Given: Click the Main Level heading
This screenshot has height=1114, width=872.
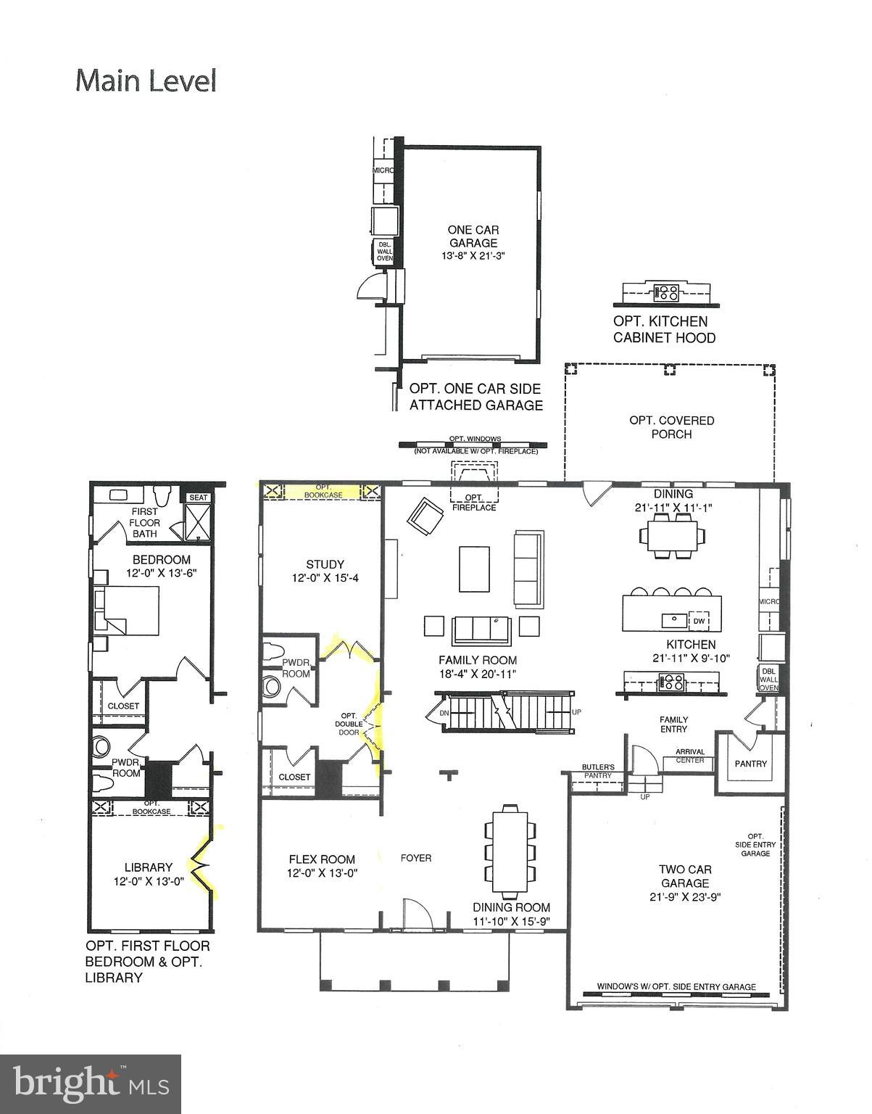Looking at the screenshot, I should [x=146, y=81].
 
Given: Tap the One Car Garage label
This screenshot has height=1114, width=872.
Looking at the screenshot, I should [x=473, y=236].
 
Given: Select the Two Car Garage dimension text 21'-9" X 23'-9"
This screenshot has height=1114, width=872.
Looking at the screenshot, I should [x=684, y=897].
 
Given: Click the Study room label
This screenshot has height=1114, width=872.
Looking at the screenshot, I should [x=325, y=564].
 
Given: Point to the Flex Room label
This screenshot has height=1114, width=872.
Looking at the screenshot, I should [x=322, y=859].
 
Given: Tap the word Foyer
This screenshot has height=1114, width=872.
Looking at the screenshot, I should [x=416, y=858].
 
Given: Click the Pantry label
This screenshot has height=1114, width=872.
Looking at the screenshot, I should [x=750, y=764].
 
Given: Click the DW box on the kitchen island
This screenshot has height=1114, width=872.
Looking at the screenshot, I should [x=699, y=621].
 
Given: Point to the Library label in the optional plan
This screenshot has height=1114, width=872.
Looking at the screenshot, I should [x=148, y=867].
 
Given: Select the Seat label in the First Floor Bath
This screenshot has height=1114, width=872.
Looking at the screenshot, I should [x=198, y=498].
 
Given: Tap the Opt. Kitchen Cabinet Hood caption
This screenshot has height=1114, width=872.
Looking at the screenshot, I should [x=664, y=329].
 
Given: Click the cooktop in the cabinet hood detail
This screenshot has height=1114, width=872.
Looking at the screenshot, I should [x=666, y=293].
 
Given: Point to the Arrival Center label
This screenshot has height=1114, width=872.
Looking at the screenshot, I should [x=690, y=756].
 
